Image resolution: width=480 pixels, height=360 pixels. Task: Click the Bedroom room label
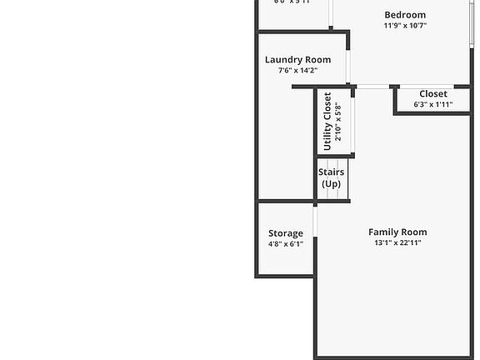(x=405, y=14)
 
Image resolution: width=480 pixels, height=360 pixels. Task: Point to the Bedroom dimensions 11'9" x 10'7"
(x=405, y=26)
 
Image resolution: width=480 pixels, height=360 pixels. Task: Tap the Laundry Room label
(x=297, y=60)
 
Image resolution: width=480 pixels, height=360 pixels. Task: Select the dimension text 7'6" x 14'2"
(x=297, y=71)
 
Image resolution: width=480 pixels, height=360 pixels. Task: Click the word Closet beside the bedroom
(x=433, y=94)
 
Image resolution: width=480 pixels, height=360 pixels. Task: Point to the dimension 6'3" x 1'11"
(x=433, y=105)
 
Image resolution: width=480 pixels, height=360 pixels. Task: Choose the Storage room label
(x=286, y=233)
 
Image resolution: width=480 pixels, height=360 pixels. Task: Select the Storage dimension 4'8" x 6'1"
(x=286, y=244)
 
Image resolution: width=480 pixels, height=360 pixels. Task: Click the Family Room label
(x=397, y=232)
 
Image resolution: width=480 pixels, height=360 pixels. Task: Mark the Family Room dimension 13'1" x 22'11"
(x=397, y=243)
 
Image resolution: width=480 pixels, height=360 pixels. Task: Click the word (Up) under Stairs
(x=331, y=183)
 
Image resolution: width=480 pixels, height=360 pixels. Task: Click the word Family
(x=383, y=232)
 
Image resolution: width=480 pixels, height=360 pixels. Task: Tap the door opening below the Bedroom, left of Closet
(x=375, y=87)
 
